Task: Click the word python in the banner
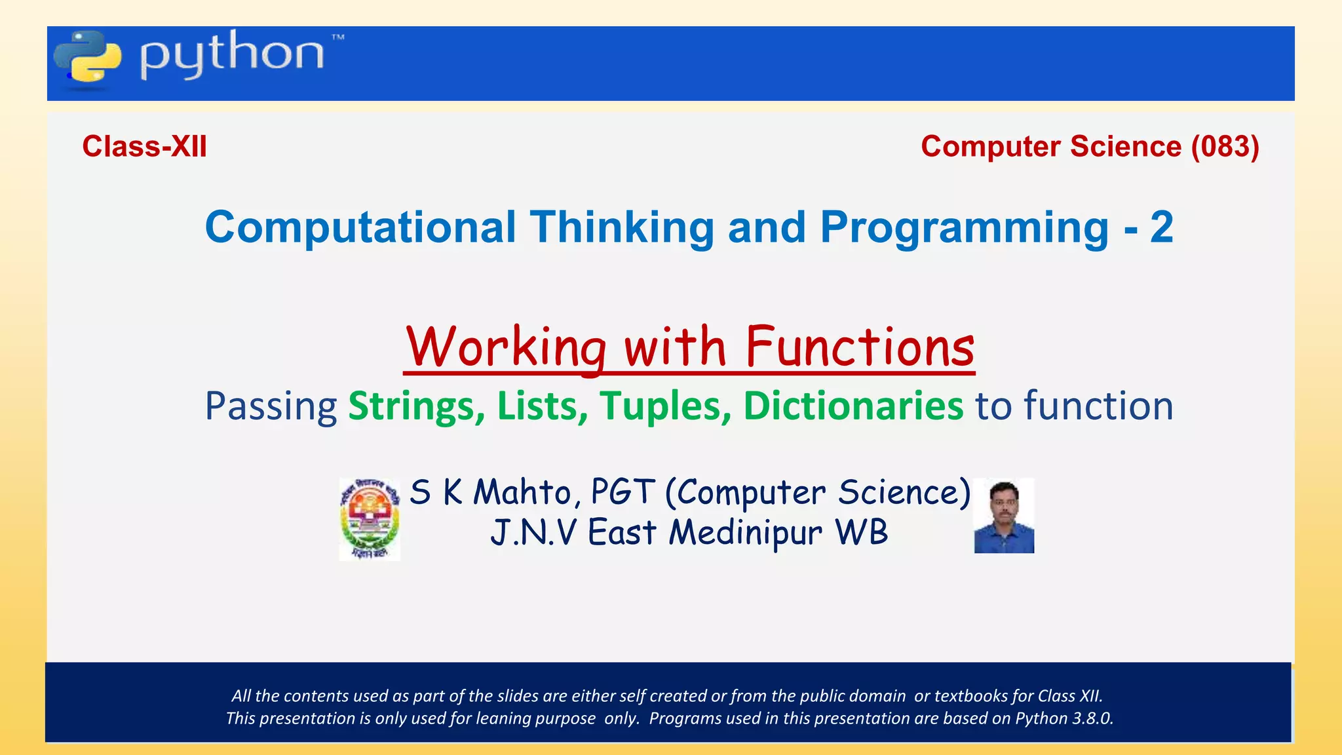click(232, 55)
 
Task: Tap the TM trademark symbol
click(337, 38)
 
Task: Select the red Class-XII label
click(144, 146)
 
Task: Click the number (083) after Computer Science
click(1225, 146)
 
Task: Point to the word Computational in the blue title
click(361, 227)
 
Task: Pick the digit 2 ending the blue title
click(1161, 227)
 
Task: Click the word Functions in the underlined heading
click(860, 347)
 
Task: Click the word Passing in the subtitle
click(271, 407)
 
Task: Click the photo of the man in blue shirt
click(1003, 516)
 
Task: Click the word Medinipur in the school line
click(745, 532)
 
